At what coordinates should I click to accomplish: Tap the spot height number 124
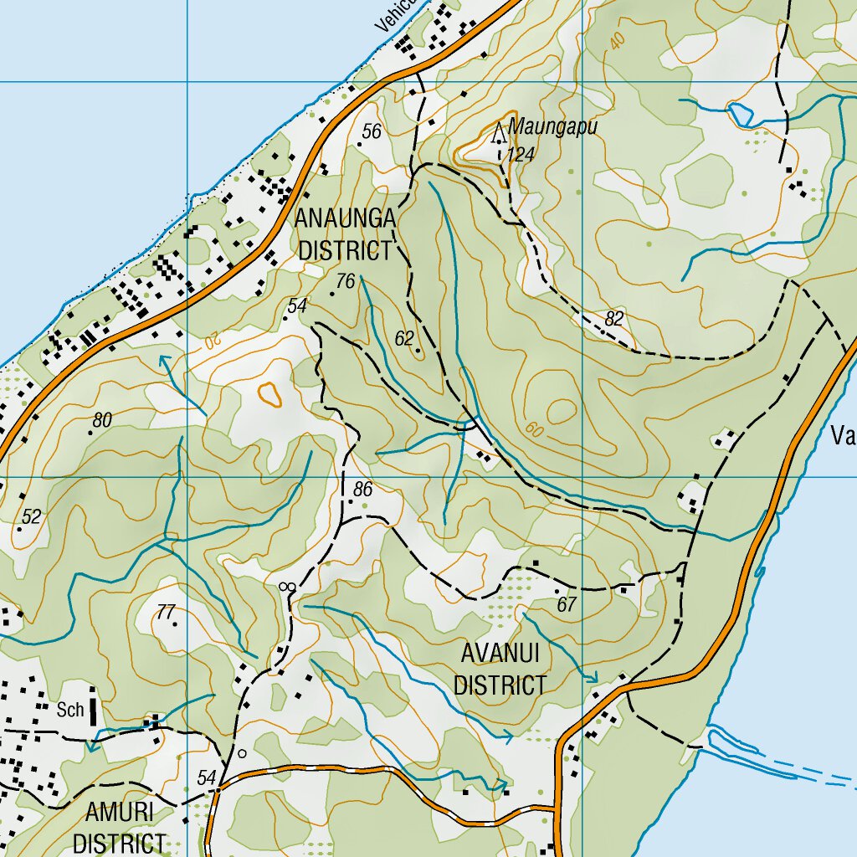click(521, 155)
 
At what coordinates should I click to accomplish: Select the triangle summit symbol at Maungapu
click(500, 132)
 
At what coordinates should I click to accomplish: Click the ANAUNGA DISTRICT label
click(345, 234)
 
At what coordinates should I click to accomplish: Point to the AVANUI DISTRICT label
click(500, 669)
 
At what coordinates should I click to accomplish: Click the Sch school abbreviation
click(71, 711)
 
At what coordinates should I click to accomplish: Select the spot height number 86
click(362, 490)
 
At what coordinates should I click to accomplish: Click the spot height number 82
click(614, 318)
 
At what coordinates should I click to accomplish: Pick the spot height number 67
click(567, 604)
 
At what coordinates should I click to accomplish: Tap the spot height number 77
click(167, 611)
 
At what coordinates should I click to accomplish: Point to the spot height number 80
click(102, 420)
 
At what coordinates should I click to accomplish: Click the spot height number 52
click(31, 517)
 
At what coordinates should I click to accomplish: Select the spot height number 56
click(372, 131)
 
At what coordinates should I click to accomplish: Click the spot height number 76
click(346, 282)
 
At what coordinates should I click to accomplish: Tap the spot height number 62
click(405, 338)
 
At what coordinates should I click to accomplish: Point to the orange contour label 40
click(617, 41)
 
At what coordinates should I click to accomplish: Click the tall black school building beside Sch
click(92, 707)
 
